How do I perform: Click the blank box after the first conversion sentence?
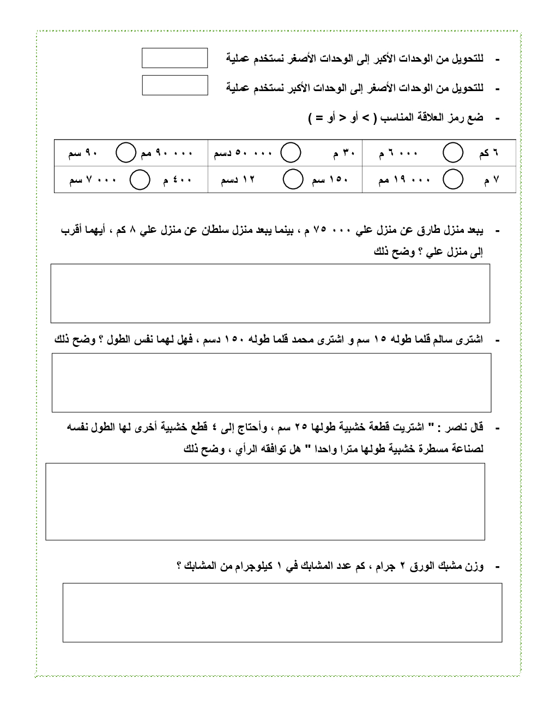click(x=174, y=58)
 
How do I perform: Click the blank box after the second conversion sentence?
click(x=174, y=85)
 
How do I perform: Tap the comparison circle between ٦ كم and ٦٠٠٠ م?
click(x=453, y=153)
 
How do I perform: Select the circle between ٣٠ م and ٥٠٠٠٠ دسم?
click(x=291, y=153)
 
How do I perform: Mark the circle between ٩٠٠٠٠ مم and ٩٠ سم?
click(x=125, y=153)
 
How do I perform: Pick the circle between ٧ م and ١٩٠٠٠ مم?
click(x=453, y=179)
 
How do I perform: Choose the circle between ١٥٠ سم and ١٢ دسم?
click(x=293, y=179)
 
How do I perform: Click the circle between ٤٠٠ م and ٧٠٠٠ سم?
click(x=140, y=179)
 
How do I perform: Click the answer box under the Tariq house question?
click(x=270, y=293)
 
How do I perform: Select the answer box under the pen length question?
click(x=271, y=382)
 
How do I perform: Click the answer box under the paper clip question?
click(x=282, y=613)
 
